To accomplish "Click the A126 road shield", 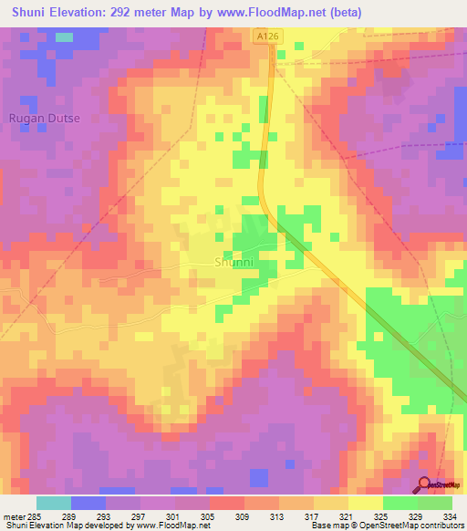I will pyautogui.click(x=265, y=36).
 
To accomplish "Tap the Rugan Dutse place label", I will pyautogui.click(x=44, y=119).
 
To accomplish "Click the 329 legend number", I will pyautogui.click(x=417, y=515).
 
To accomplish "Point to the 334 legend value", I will pyautogui.click(x=450, y=515).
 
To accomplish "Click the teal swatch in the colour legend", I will pyautogui.click(x=54, y=503).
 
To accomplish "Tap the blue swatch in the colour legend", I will pyautogui.click(x=88, y=503).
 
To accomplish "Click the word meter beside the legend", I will pyautogui.click(x=13, y=515).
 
